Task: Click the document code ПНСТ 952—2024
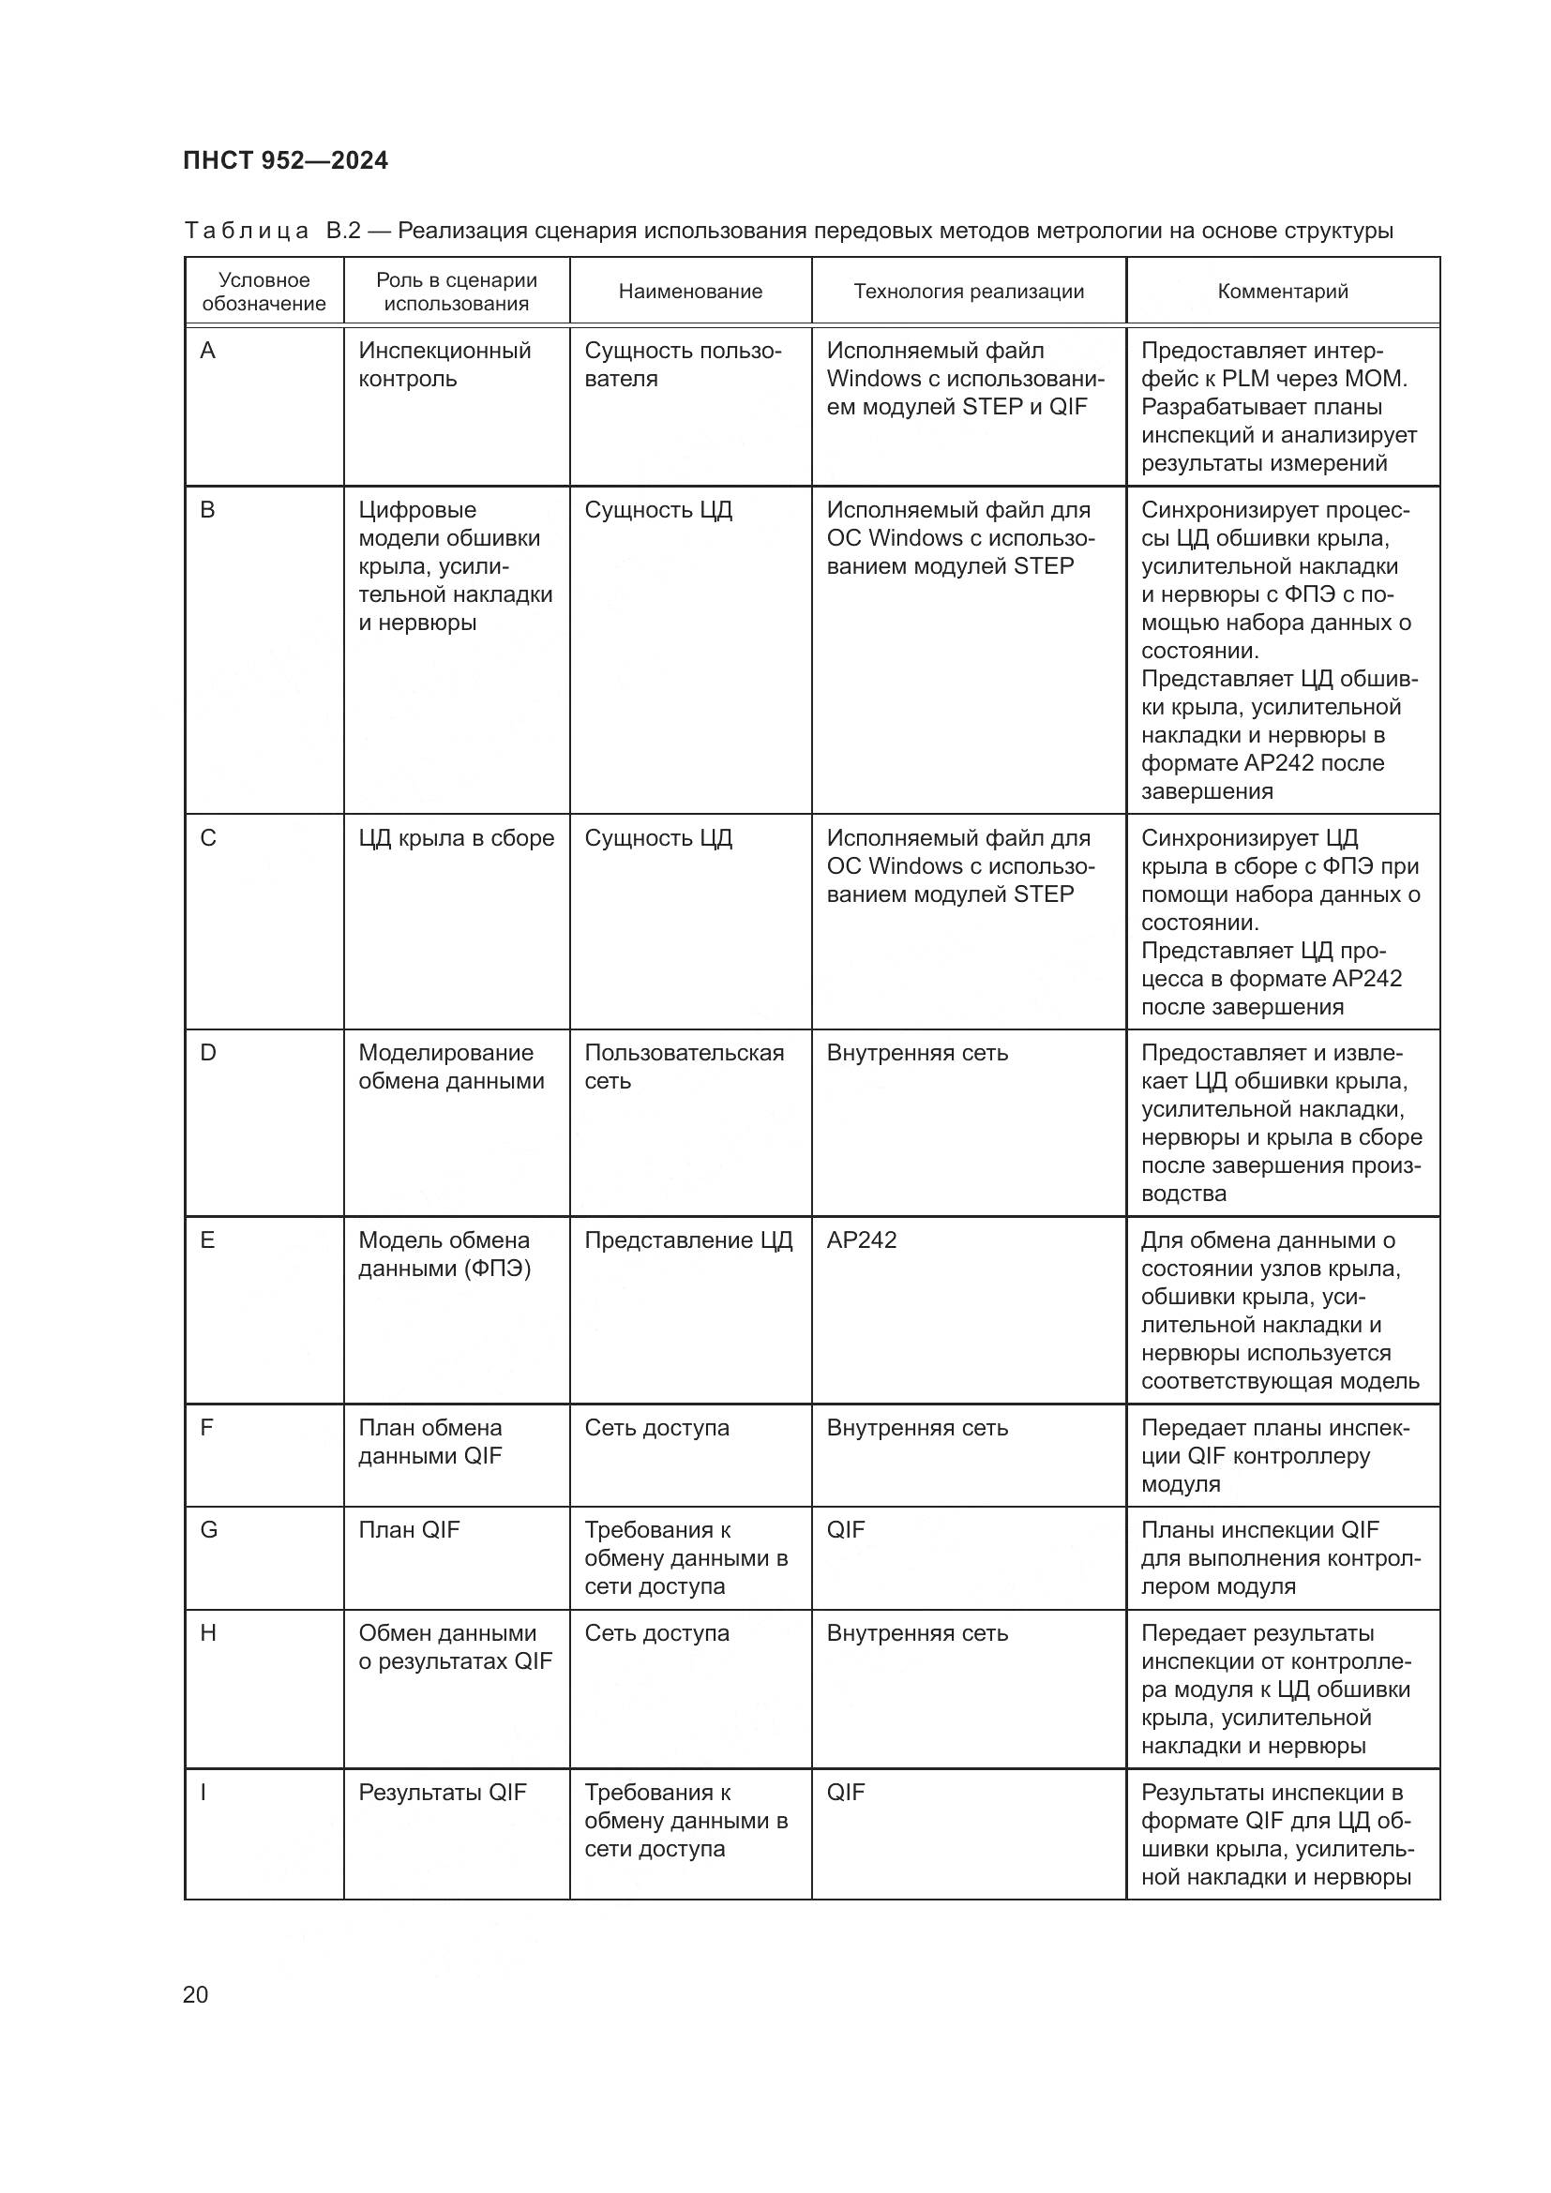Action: [x=286, y=160]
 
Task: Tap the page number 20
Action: [x=195, y=1994]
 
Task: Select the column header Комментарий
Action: [x=1282, y=292]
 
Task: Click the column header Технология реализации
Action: [x=969, y=292]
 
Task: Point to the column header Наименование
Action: [x=689, y=292]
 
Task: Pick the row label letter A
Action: [x=207, y=352]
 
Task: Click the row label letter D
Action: [x=207, y=1053]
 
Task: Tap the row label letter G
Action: [x=208, y=1530]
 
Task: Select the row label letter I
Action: [x=203, y=1792]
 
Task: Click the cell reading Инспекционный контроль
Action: [x=444, y=365]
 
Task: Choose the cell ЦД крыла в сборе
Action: [x=456, y=837]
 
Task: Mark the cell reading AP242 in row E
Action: [x=862, y=1239]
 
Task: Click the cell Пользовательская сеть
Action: [x=684, y=1066]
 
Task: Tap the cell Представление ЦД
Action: [x=687, y=1239]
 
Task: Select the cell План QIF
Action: [x=409, y=1530]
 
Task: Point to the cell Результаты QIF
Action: [x=443, y=1792]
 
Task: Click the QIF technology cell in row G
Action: [x=845, y=1530]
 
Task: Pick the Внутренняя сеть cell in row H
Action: [x=917, y=1633]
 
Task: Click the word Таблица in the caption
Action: [x=246, y=232]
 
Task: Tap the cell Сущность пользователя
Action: [x=682, y=365]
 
